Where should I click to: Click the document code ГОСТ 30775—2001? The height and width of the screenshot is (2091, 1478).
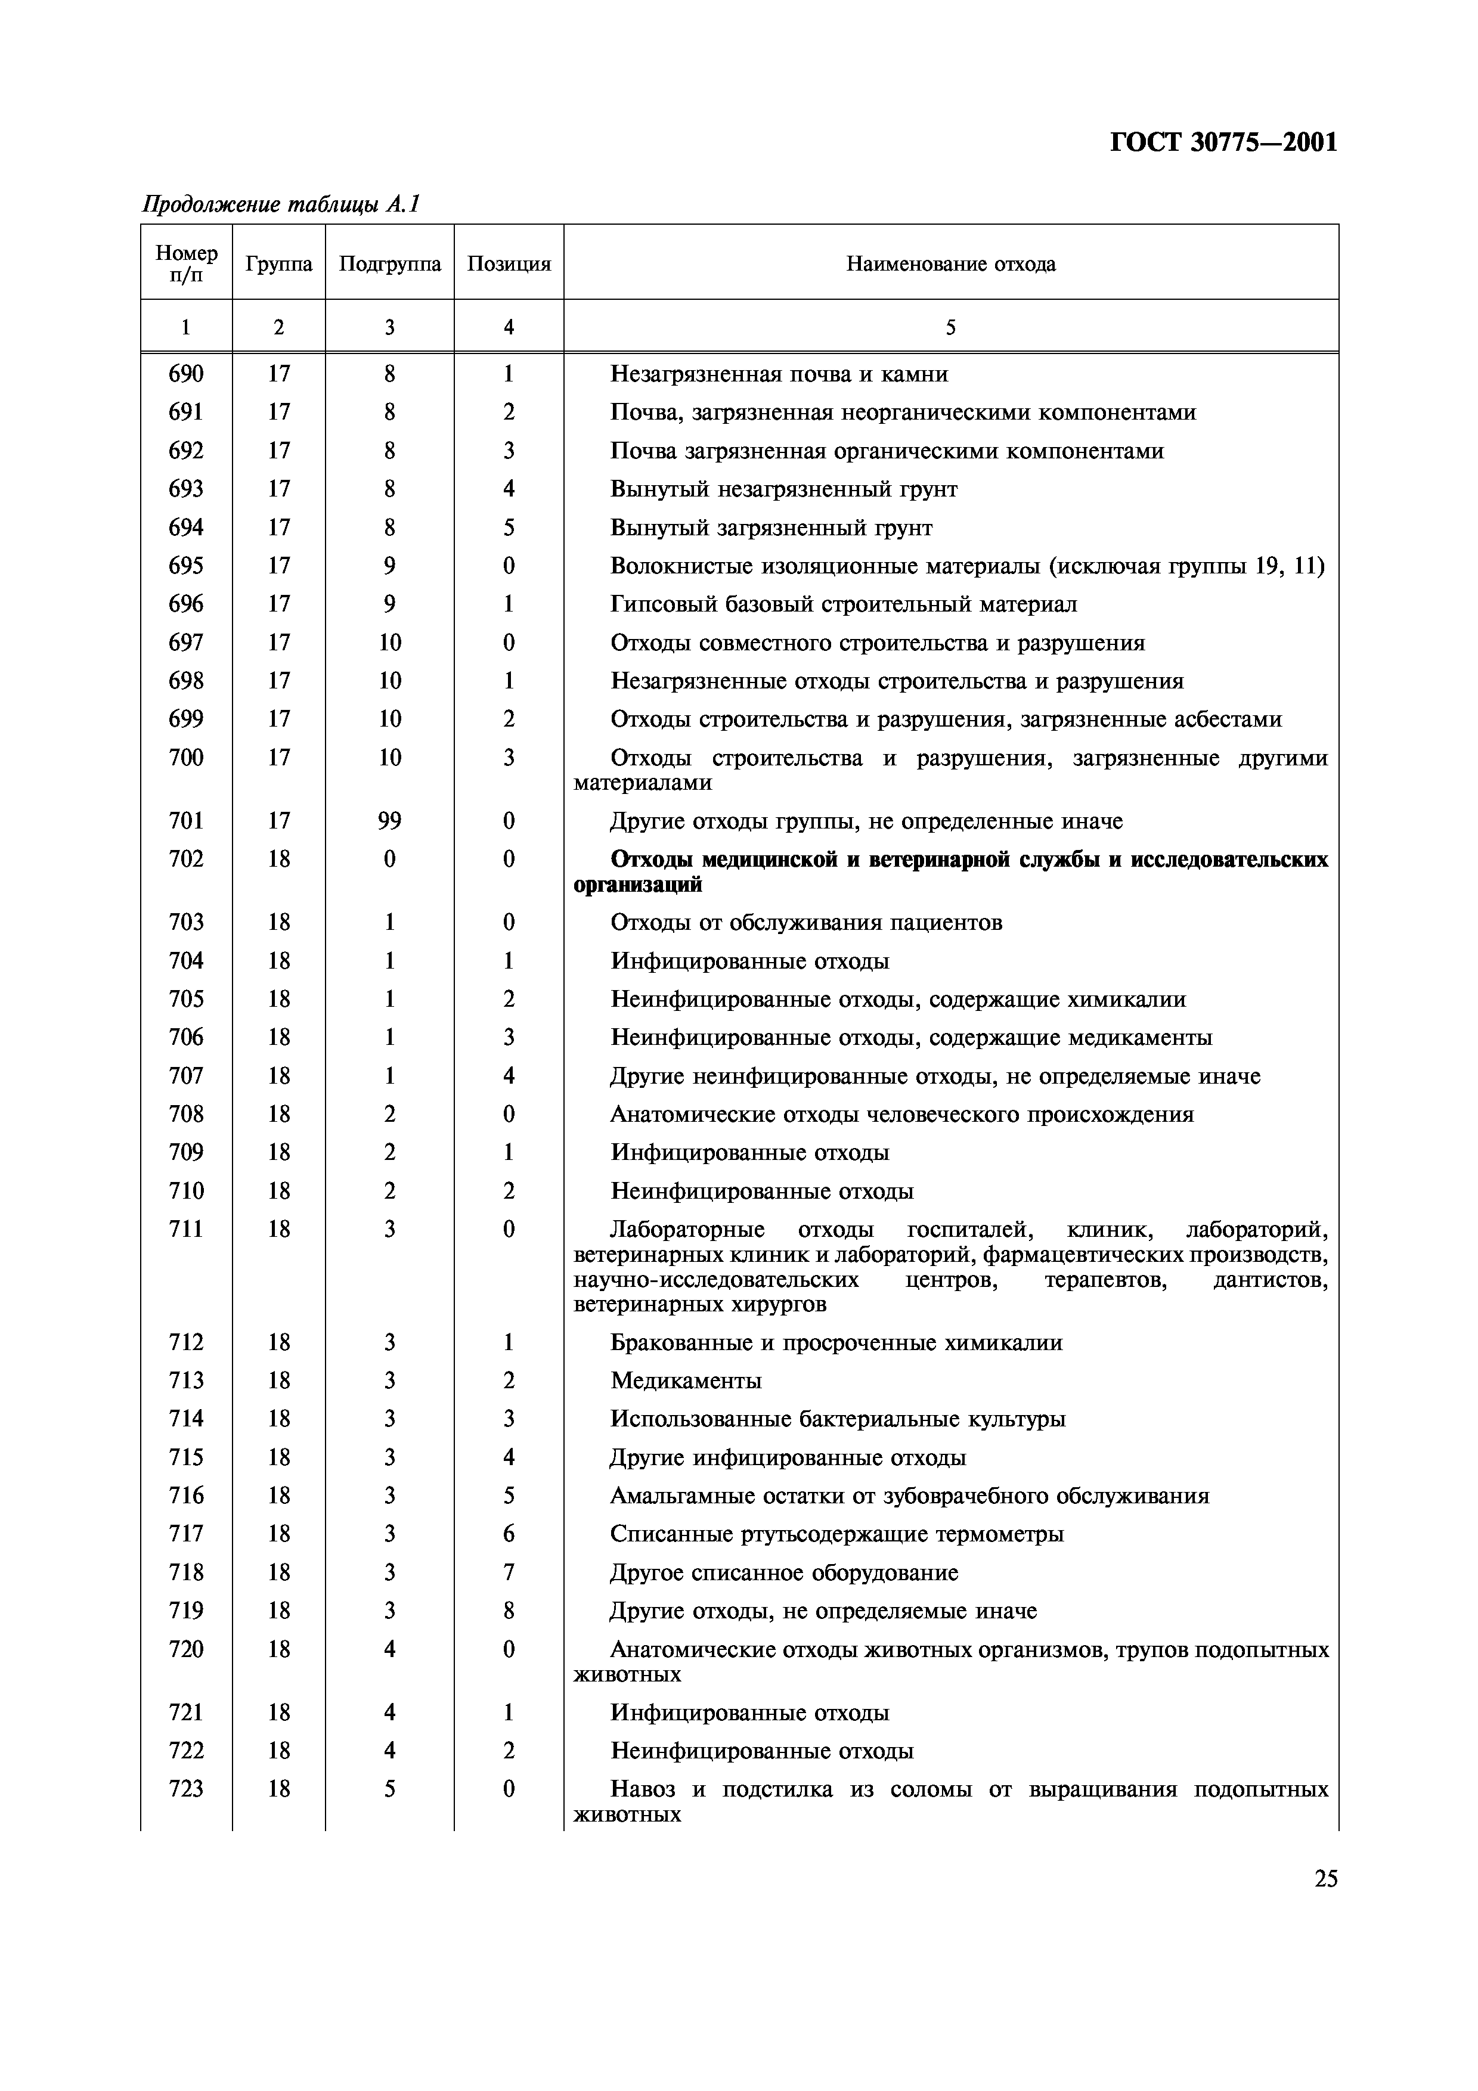coord(1223,143)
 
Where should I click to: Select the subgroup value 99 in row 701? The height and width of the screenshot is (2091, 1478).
coord(390,821)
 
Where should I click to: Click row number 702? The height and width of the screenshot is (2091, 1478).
coord(186,859)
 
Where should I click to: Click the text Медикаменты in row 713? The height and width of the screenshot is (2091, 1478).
coord(686,1380)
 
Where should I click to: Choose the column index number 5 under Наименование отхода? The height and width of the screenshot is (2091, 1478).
coord(951,327)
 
